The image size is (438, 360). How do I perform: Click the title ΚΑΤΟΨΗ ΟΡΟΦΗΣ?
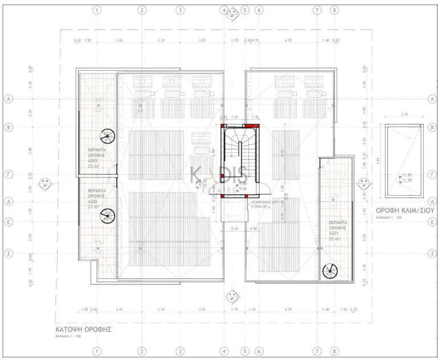83,330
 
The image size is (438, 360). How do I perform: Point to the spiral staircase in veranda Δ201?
330,272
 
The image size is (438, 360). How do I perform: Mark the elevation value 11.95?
407,180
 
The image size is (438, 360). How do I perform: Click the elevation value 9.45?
242,188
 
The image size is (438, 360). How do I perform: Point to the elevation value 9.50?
202,185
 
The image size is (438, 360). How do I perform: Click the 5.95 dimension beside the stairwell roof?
377,161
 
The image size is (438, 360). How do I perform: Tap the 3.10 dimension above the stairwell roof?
404,115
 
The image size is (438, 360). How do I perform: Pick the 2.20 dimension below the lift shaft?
234,229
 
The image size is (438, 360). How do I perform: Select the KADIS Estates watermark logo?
218,175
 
